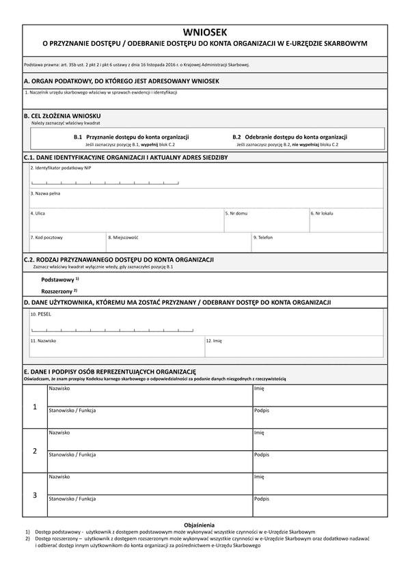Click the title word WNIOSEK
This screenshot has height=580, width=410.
click(205, 32)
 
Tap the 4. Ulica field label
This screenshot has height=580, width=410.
click(38, 213)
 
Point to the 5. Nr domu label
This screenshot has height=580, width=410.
click(236, 213)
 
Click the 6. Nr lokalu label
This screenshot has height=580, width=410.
click(322, 213)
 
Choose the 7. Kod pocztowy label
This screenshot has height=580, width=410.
click(46, 237)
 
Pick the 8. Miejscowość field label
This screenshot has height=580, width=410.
click(123, 237)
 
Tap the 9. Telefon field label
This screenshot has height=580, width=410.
click(263, 237)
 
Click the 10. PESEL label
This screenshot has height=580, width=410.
click(40, 314)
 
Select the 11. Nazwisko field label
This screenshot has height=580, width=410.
click(43, 340)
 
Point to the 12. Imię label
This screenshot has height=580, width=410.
click(214, 340)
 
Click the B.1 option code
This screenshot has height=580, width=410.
click(78, 137)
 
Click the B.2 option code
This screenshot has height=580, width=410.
click(236, 137)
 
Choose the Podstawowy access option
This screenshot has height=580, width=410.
click(58, 279)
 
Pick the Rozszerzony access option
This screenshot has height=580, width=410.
click(57, 291)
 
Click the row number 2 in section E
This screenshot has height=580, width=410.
click(35, 451)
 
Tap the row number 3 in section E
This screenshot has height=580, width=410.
click(35, 495)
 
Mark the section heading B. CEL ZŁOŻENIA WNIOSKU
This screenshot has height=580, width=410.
click(62, 115)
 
